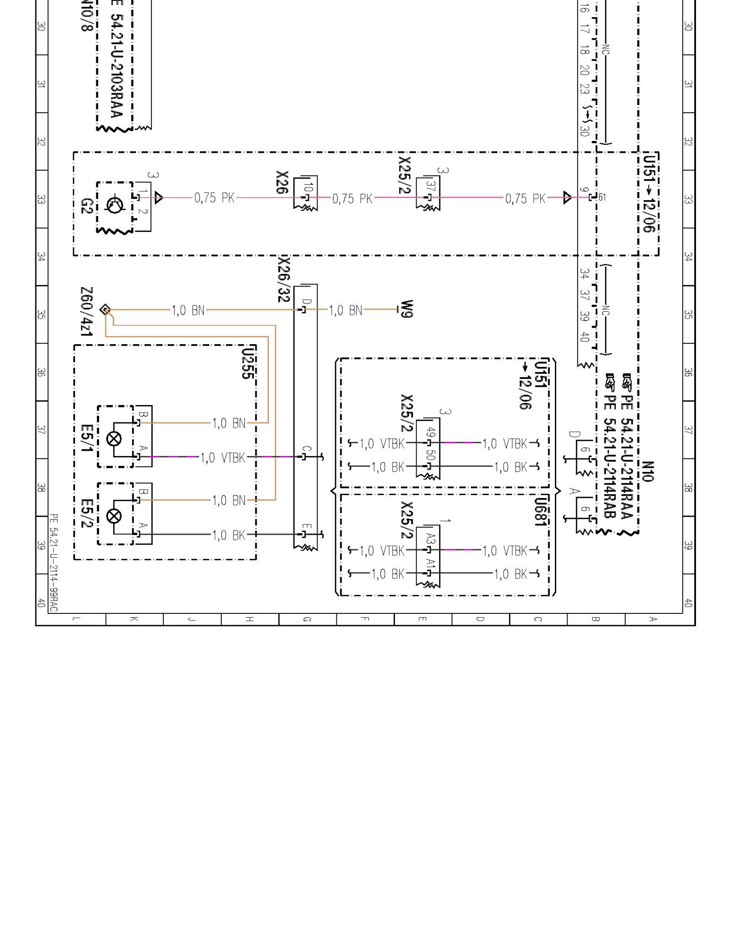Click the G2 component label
click(x=86, y=206)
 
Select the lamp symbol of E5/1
click(x=114, y=439)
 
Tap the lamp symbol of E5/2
click(x=114, y=516)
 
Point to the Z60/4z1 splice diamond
click(x=105, y=310)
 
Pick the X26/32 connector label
click(x=283, y=279)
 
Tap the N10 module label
click(x=648, y=471)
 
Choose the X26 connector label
click(x=282, y=182)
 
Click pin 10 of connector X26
click(x=308, y=187)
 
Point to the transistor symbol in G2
click(x=115, y=206)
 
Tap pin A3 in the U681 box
click(x=430, y=538)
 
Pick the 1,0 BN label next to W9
click(x=345, y=310)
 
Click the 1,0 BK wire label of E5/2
click(x=229, y=535)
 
